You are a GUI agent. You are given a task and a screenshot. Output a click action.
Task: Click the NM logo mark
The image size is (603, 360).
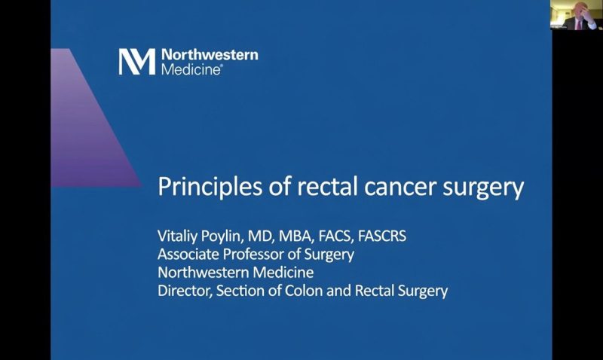pyautogui.click(x=137, y=62)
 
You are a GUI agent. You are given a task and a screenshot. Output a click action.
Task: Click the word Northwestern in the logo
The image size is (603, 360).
pyautogui.click(x=210, y=55)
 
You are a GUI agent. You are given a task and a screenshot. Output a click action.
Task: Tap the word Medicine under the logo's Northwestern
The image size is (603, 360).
pyautogui.click(x=191, y=69)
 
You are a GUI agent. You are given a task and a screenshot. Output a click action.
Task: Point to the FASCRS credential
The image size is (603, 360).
pyautogui.click(x=382, y=236)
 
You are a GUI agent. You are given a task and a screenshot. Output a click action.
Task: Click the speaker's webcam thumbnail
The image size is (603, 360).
pyautogui.click(x=576, y=15)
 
